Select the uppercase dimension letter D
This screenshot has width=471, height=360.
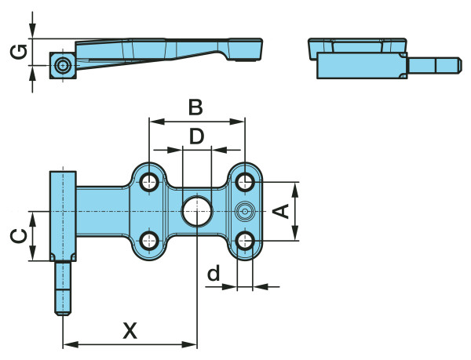196,136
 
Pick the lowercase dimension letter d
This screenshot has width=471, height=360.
213,274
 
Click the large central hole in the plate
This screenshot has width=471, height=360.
196,211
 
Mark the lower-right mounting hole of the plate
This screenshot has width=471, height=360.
245,240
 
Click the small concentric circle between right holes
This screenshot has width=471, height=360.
245,210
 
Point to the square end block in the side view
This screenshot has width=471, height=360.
62,67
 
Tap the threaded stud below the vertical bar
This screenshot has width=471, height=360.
62,287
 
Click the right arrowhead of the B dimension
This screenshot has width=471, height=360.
241,122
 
